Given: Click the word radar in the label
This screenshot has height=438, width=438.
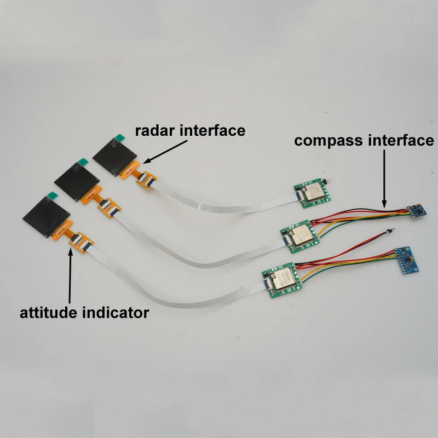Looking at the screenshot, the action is pos(155,131).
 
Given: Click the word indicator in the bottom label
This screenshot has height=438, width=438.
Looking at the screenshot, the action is pos(116,312).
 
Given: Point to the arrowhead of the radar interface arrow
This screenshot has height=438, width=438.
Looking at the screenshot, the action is pos(146,161).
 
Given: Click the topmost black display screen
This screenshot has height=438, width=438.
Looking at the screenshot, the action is pos(114,157).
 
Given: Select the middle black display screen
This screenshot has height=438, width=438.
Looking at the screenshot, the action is pos(77,182).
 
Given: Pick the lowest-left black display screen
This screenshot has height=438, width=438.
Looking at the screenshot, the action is pos(46,216).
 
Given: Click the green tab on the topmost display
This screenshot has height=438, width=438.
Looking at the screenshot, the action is pos(120,137).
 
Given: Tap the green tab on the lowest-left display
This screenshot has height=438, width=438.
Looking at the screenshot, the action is pos(52,195).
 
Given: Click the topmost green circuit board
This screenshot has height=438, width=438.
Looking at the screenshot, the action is pos(312,193).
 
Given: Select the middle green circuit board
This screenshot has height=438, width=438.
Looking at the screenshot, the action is pos(299,237).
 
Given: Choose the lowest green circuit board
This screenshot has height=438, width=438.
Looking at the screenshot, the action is pos(282,280).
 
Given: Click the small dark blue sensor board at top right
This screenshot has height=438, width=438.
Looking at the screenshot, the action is pos(417,211).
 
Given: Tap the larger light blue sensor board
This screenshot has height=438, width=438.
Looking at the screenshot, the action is pos(407,260).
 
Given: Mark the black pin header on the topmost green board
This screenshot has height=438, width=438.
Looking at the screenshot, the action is pos(325,182).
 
